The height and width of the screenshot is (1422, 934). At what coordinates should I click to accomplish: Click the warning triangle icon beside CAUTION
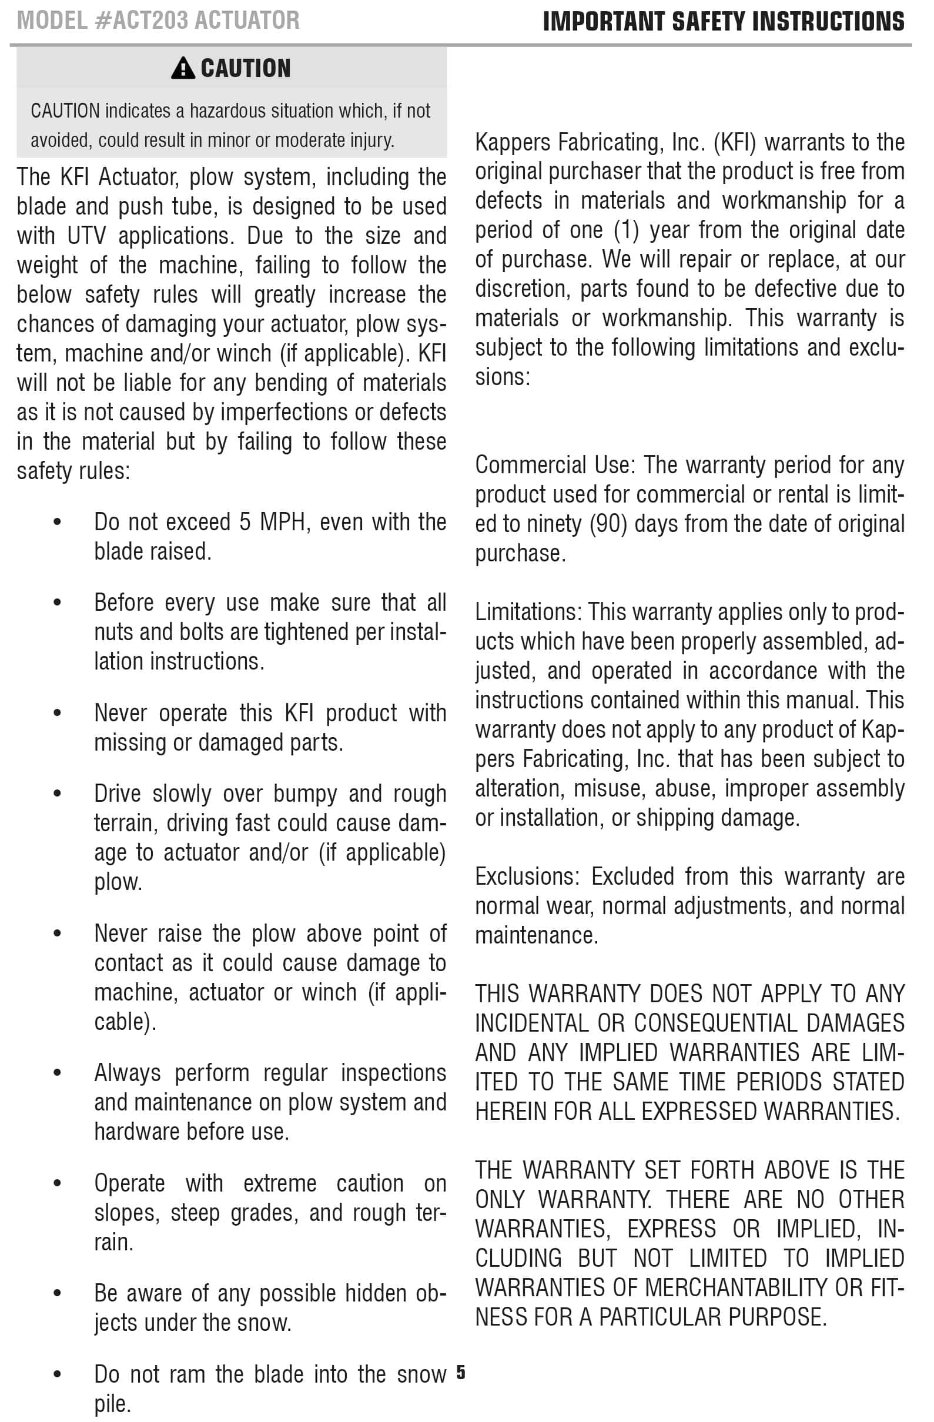(182, 68)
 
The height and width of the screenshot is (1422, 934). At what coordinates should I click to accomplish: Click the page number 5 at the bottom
(460, 1373)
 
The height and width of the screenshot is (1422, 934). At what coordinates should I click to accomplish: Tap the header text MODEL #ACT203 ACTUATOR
(158, 21)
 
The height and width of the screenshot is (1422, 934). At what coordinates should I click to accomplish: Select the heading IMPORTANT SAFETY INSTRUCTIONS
(723, 22)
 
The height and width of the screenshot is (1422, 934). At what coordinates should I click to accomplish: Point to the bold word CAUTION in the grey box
(246, 68)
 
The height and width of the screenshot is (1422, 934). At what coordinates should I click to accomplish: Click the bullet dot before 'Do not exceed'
(58, 523)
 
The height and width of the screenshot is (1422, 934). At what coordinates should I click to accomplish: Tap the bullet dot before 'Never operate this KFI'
(58, 714)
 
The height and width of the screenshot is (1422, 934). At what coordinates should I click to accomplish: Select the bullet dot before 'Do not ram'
(58, 1375)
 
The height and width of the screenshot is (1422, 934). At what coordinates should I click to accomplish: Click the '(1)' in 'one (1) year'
(626, 230)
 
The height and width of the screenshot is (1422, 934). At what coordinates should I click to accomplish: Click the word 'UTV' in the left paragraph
(86, 236)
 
